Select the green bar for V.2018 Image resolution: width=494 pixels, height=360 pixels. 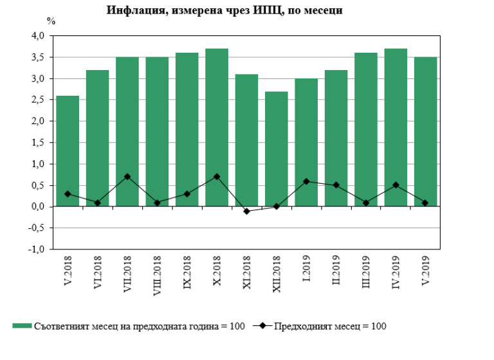coord(68,151)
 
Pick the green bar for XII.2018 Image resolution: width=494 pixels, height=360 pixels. coord(277,148)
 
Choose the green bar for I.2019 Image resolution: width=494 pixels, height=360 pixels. coord(306,142)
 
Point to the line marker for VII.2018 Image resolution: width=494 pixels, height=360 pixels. coord(127,177)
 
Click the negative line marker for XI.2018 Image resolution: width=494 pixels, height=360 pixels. coord(246,211)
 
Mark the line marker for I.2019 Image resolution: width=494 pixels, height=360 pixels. coord(306,181)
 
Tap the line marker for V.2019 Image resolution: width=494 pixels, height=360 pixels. coord(425,203)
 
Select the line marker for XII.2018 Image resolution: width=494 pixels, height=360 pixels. coord(277,206)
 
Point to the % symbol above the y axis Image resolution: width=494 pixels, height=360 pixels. coord(51,21)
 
